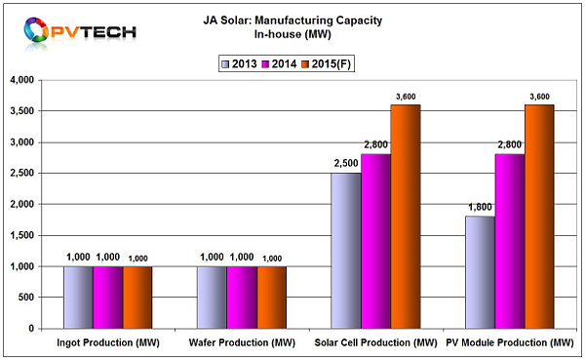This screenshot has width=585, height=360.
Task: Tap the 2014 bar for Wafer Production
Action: coord(242,298)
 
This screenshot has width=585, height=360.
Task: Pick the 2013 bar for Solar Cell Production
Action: coord(346,251)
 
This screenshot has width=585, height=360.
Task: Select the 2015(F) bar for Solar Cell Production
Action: coord(406,217)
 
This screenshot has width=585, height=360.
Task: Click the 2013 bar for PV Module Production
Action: coord(478,272)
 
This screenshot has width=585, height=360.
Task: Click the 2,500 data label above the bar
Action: coord(346,164)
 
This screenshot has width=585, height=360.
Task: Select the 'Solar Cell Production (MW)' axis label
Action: coord(375,343)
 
